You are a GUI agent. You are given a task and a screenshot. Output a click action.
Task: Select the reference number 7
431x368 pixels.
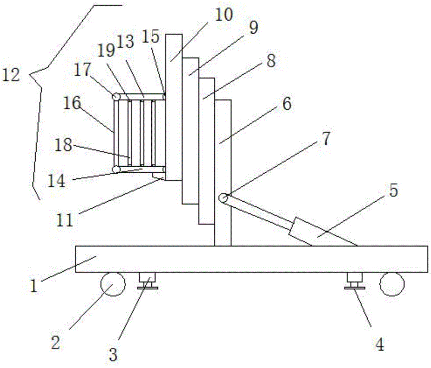325,140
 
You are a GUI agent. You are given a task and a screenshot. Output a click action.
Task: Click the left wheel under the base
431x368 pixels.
112,284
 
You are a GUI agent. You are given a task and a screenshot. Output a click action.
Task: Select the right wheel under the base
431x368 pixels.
392,285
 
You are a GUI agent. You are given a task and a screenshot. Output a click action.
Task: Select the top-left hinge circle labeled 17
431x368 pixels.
116,96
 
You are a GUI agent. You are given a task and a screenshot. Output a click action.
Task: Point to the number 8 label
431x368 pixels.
270,61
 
